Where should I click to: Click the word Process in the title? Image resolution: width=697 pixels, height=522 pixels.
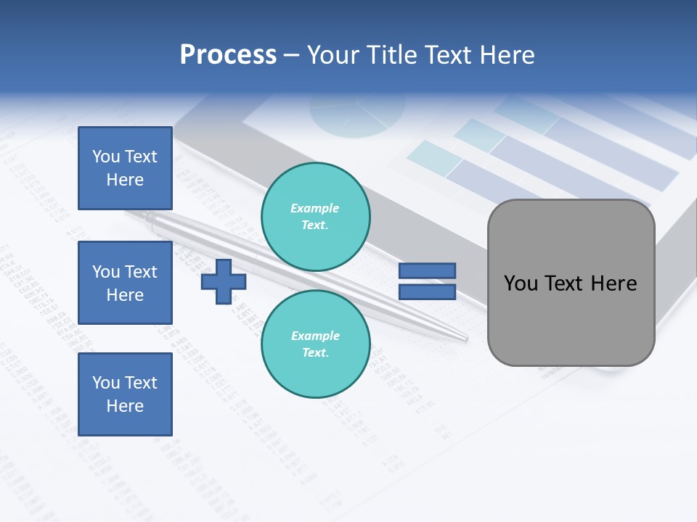(x=228, y=55)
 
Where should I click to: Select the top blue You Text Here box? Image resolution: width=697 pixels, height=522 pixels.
(x=125, y=168)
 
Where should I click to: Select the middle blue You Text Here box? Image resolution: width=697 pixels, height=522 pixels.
(x=125, y=283)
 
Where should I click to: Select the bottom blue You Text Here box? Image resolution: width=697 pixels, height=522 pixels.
(x=125, y=394)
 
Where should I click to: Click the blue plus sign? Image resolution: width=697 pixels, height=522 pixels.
(x=224, y=281)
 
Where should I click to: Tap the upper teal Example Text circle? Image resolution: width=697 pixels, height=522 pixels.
(x=315, y=217)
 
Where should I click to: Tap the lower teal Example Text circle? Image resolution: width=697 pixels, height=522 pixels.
(x=315, y=344)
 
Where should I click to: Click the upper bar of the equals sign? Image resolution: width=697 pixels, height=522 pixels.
(x=427, y=271)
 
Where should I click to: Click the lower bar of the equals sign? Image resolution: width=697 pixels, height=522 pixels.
(x=427, y=292)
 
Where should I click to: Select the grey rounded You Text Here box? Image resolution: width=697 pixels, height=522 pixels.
(x=571, y=283)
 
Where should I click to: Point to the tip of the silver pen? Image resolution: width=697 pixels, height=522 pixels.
(x=465, y=339)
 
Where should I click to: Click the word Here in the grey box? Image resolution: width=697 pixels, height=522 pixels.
(x=614, y=283)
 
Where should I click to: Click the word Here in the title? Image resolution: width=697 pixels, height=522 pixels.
(x=508, y=55)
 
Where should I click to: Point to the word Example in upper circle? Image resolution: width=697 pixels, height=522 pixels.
(x=315, y=208)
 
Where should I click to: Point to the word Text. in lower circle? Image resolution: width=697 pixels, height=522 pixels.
(x=315, y=353)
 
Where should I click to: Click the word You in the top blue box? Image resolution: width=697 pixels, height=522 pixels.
(x=106, y=157)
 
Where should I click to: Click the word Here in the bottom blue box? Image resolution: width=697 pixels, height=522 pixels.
(x=125, y=406)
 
